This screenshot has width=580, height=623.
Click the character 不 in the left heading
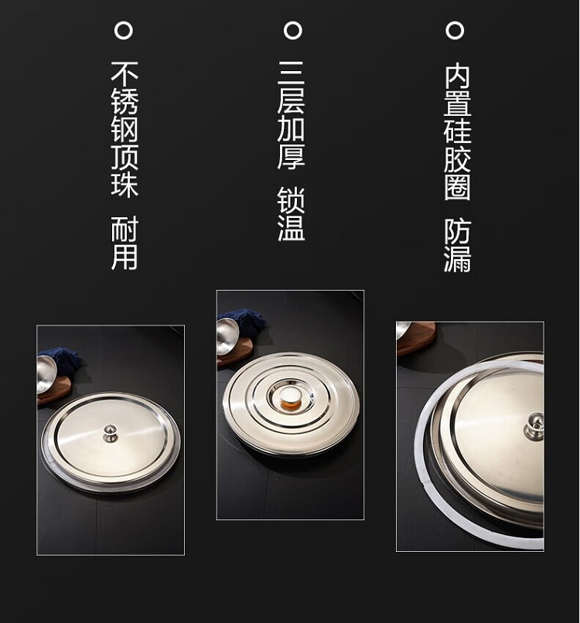coord(125,74)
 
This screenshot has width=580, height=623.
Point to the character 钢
coord(125,129)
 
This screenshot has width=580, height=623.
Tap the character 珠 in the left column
coord(125,184)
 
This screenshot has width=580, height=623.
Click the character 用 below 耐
coord(125,257)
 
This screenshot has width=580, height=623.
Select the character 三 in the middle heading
coord(291,74)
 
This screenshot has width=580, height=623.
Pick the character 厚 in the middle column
coord(291,157)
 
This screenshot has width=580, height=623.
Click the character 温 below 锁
coord(291,229)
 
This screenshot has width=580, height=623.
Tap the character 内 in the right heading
coord(457,76)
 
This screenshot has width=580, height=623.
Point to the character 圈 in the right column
coord(457,187)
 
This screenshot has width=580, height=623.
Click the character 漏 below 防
coord(457,259)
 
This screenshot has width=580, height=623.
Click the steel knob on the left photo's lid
coord(110,433)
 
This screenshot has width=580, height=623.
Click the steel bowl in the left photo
coord(46,373)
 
